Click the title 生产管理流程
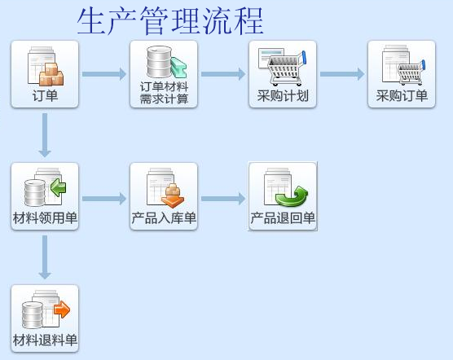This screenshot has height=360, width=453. (170, 21)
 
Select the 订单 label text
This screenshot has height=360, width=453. (45, 95)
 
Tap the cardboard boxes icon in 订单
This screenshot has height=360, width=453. (51, 74)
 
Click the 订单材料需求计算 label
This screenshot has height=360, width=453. (164, 93)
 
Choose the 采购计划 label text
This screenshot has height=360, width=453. (283, 95)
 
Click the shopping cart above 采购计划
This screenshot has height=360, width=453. (286, 68)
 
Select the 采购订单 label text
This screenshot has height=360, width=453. (402, 95)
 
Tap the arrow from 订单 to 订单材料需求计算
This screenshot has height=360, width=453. (104, 74)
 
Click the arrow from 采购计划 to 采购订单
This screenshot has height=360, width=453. (342, 74)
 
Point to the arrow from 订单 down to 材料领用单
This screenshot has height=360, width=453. (45, 135)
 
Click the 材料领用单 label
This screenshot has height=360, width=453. (45, 217)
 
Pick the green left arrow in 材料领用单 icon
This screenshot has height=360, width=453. (58, 187)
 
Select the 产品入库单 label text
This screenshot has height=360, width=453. (164, 217)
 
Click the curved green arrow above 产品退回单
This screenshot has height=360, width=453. (291, 196)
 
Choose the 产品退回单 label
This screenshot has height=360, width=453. (283, 217)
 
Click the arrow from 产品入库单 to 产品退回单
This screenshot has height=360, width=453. (223, 199)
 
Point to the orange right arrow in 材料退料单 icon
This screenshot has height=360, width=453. (62, 310)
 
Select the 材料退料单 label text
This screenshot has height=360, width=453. (45, 340)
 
